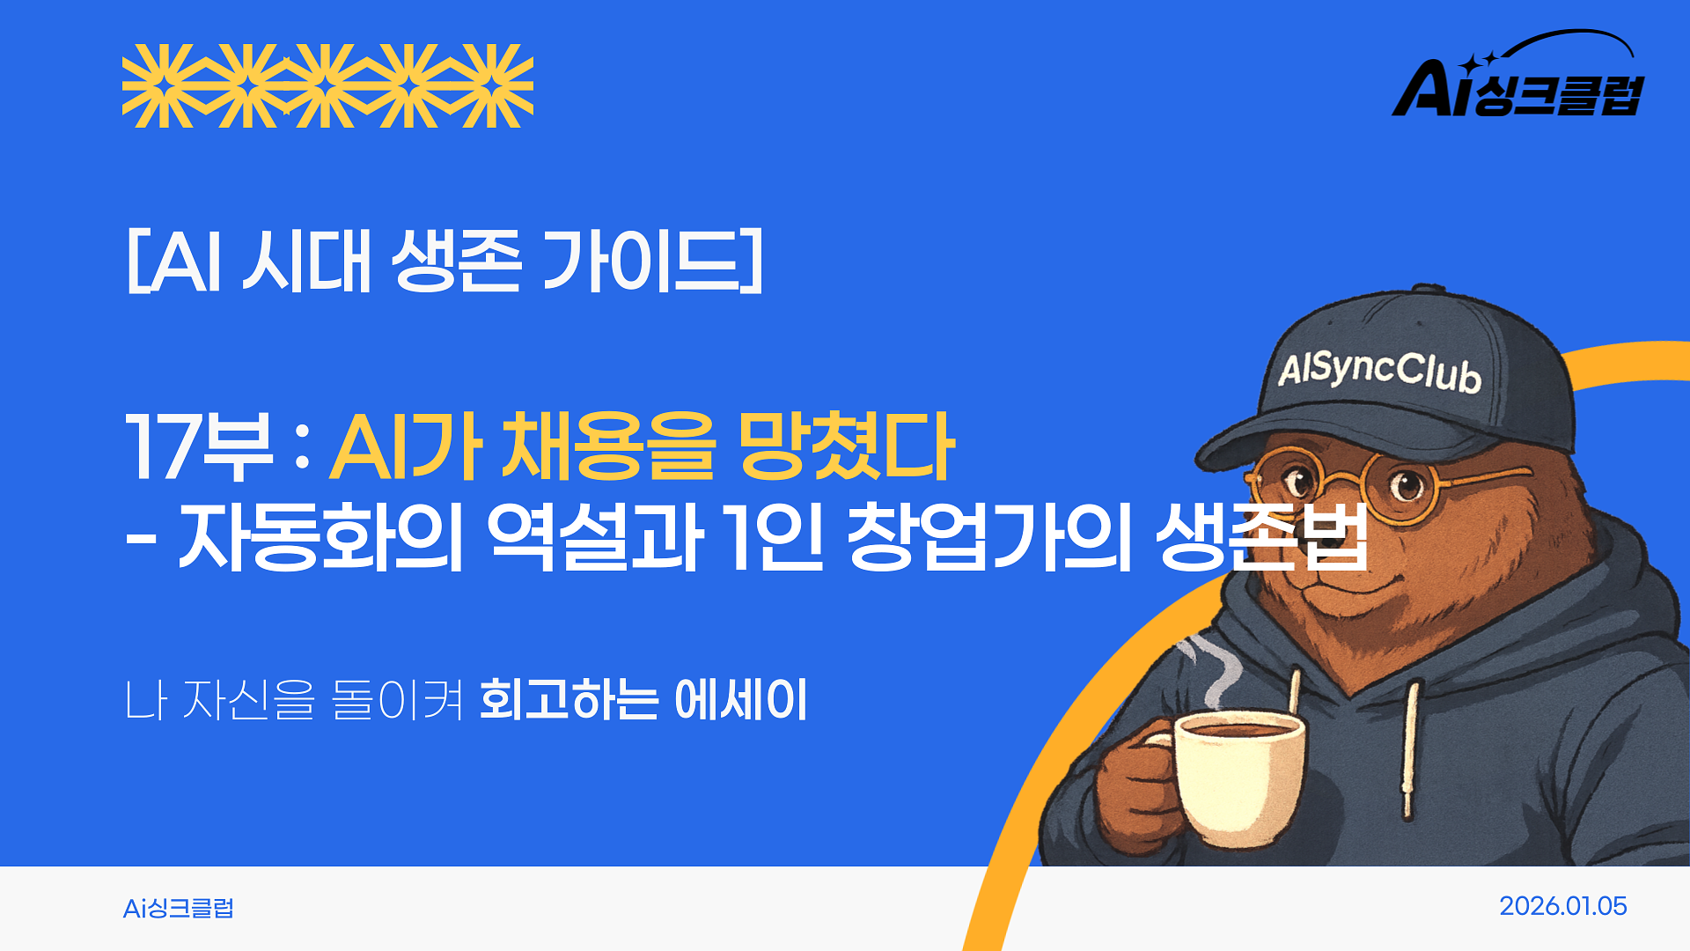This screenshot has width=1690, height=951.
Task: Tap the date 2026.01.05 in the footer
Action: tap(1562, 906)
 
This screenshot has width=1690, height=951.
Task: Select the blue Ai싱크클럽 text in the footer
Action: tap(179, 908)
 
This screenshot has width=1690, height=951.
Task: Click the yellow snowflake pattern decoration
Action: tap(327, 85)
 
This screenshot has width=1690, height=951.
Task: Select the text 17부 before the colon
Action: tap(198, 446)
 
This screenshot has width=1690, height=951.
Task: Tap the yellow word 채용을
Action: tap(607, 446)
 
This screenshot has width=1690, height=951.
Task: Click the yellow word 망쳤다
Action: tap(845, 446)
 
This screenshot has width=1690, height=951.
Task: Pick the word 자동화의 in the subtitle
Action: tap(321, 536)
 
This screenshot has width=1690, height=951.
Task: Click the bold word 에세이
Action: tap(740, 700)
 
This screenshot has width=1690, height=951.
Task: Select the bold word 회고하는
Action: tap(569, 700)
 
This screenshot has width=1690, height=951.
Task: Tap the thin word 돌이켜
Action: tap(397, 700)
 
